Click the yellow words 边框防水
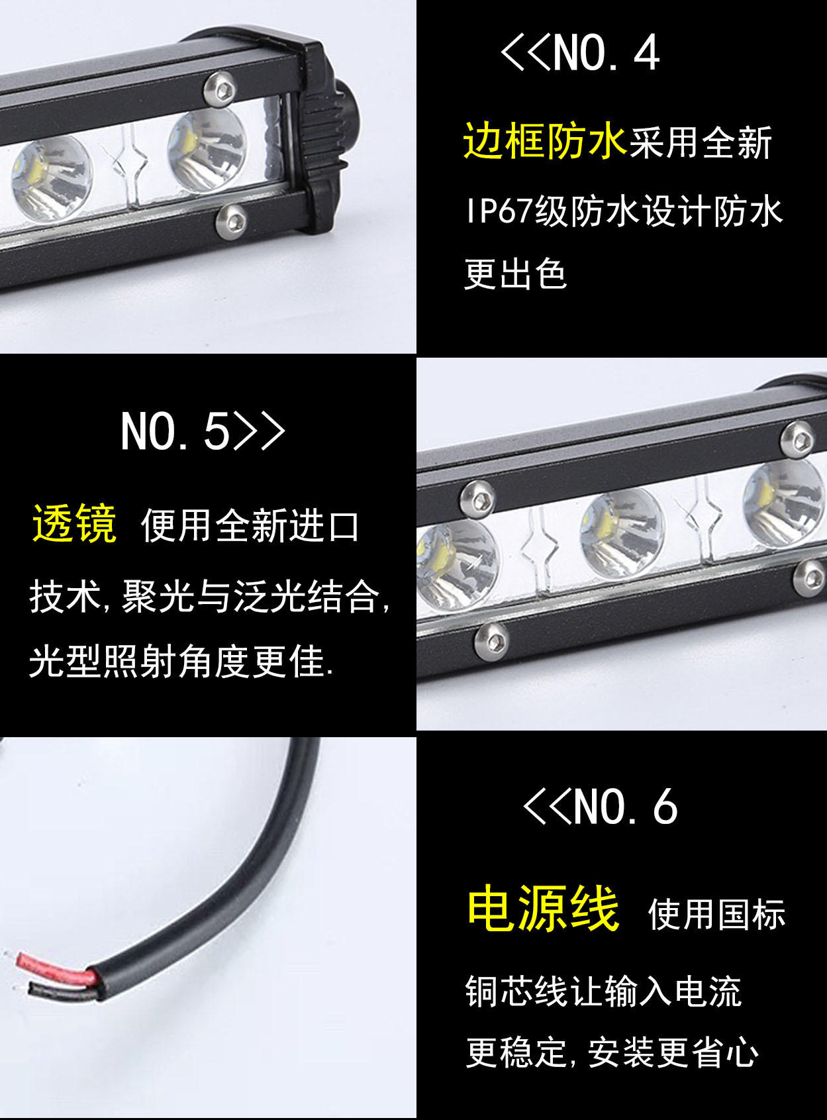(x=544, y=141)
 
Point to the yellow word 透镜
(x=74, y=524)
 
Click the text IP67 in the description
(x=499, y=212)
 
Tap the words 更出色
(x=515, y=274)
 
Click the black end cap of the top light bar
(x=324, y=132)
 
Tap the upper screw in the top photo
(x=220, y=88)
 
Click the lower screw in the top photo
(x=232, y=220)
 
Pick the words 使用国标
(x=716, y=915)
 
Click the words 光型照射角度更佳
(x=180, y=661)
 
